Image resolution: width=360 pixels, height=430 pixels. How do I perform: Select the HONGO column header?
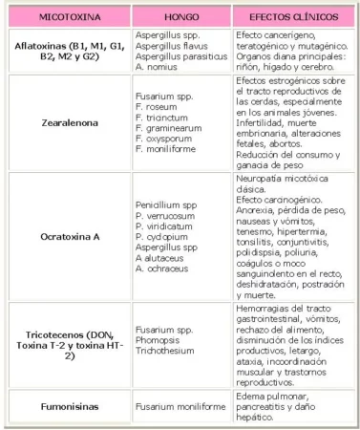(x=181, y=17)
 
